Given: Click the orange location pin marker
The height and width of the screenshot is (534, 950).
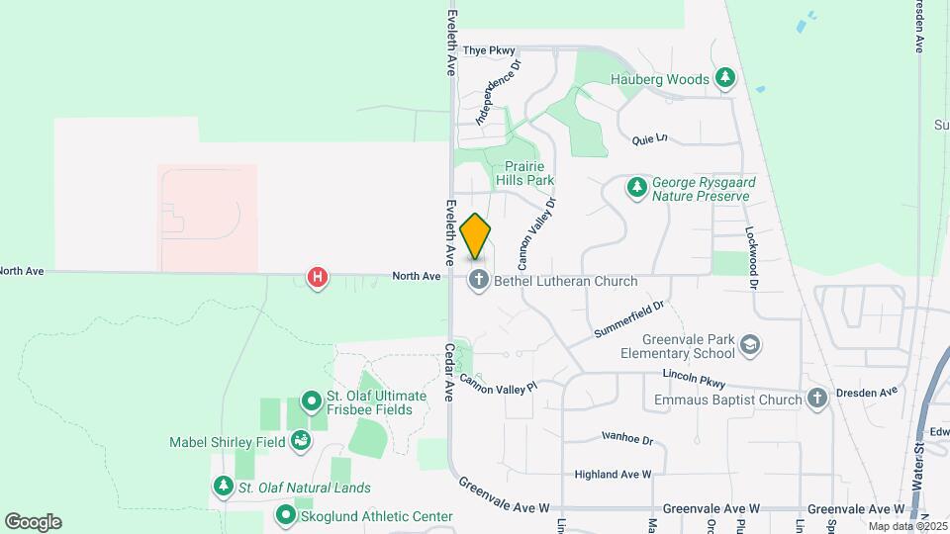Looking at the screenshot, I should [476, 236].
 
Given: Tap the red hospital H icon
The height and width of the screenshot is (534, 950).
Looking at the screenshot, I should [318, 278].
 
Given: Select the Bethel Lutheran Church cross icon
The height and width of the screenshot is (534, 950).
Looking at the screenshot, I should [479, 280].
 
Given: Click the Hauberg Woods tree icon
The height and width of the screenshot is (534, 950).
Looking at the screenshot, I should [725, 78].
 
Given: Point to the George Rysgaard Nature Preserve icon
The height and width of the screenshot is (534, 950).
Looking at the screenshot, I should [638, 186].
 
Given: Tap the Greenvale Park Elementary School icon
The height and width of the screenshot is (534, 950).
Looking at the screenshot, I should [751, 344].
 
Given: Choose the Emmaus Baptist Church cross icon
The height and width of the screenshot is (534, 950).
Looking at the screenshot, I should [816, 399].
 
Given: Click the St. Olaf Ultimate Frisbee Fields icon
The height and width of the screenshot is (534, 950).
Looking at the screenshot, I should [312, 401].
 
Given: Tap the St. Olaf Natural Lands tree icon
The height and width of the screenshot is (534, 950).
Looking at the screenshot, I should [222, 487].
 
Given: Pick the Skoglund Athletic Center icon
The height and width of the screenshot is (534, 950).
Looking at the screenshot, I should [286, 515].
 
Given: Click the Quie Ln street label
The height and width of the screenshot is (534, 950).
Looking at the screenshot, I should [650, 139].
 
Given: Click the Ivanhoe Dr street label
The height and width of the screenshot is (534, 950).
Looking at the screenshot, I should [627, 437].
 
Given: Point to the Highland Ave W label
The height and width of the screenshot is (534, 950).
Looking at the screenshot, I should [613, 475].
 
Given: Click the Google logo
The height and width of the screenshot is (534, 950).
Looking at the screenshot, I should [33, 522].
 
